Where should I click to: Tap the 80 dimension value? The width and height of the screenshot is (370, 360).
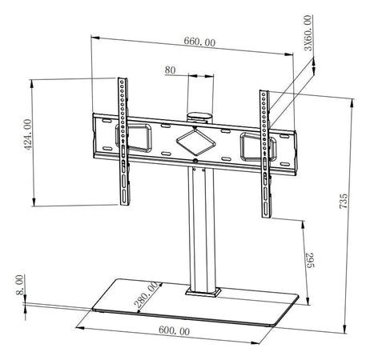click(x=170, y=70)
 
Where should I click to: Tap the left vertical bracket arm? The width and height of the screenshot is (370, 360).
click(x=123, y=140)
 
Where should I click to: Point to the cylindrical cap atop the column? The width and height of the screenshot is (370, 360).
click(x=197, y=115)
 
